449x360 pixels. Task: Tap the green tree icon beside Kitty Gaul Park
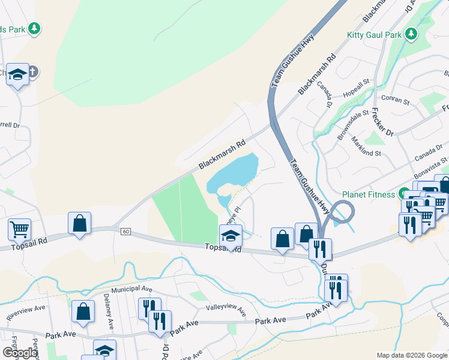click(412, 34)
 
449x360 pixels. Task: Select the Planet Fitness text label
click(369, 194)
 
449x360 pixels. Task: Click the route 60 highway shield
click(125, 232)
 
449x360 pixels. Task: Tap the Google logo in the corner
click(20, 353)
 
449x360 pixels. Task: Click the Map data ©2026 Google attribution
click(412, 355)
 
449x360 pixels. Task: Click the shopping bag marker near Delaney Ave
click(83, 311)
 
